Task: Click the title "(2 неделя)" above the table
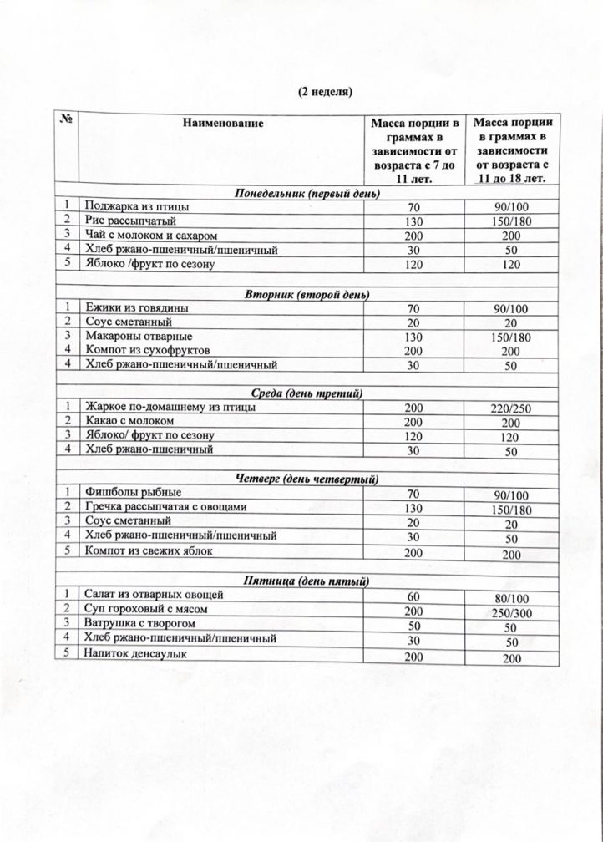click(x=327, y=90)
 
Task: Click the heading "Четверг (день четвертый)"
click(x=308, y=479)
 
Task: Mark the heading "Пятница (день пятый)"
click(x=309, y=580)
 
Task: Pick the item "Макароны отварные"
click(x=132, y=337)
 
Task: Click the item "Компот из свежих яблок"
click(x=147, y=551)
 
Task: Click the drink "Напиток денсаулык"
click(x=134, y=653)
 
